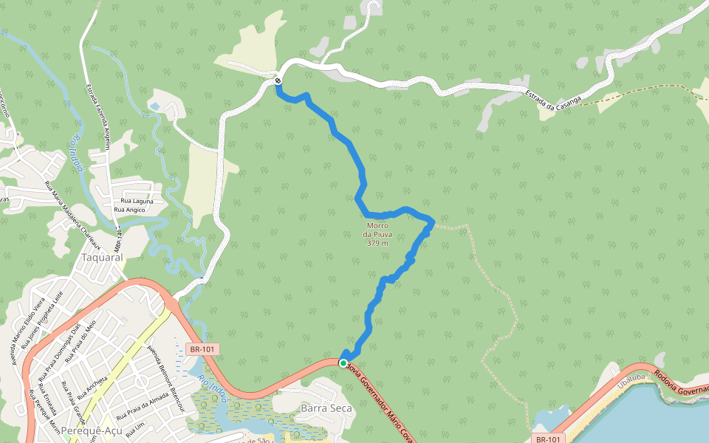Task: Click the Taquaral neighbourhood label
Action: click(x=101, y=258)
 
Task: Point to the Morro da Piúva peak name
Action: click(x=377, y=230)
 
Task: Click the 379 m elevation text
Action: click(x=377, y=243)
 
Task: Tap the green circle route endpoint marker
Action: click(x=343, y=363)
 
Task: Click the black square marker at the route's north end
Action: click(x=277, y=81)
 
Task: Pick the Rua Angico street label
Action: click(x=130, y=210)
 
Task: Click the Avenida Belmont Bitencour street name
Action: click(x=164, y=369)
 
